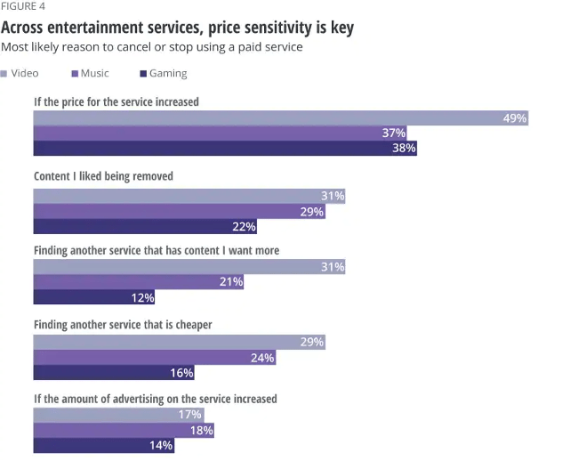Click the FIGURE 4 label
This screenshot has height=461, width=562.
point(23,6)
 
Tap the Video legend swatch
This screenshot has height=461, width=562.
point(4,73)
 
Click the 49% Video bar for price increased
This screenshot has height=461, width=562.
point(281,118)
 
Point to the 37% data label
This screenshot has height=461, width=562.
point(394,133)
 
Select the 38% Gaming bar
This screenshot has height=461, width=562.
point(225,148)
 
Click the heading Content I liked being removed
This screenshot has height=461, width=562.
point(103,176)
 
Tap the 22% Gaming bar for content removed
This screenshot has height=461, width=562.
point(145,226)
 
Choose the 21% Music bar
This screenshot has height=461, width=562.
point(138,282)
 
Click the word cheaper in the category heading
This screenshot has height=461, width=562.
point(191,325)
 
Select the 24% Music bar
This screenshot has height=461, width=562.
point(154,357)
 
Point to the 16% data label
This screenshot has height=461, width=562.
point(181,372)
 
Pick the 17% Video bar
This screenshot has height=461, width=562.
point(118,415)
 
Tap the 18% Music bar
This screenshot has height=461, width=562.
point(124,430)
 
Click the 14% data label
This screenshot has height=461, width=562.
point(162,445)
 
